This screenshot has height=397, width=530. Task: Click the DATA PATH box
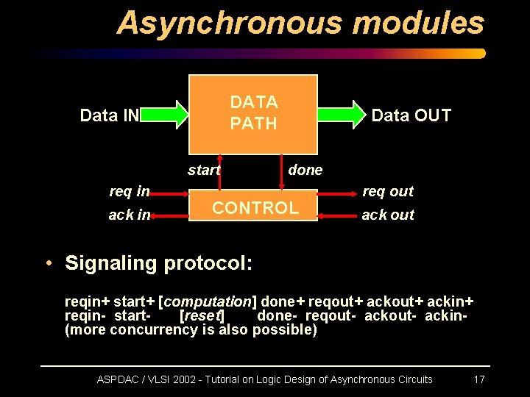tap(253, 112)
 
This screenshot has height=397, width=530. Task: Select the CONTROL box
tap(255, 207)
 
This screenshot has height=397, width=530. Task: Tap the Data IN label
tap(109, 115)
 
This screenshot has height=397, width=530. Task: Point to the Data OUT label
tap(411, 115)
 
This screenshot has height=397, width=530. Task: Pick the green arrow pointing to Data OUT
tap(342, 114)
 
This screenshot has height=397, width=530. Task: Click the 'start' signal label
tap(204, 171)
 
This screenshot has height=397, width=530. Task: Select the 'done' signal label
tap(305, 171)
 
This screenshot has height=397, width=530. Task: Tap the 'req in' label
tap(129, 192)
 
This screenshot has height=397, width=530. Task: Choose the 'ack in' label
tap(129, 215)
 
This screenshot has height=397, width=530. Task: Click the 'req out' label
tap(388, 192)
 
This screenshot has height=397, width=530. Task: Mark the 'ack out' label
tap(388, 215)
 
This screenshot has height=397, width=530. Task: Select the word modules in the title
tap(418, 24)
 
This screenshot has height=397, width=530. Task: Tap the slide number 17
tap(478, 379)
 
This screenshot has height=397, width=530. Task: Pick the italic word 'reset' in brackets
tap(202, 316)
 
